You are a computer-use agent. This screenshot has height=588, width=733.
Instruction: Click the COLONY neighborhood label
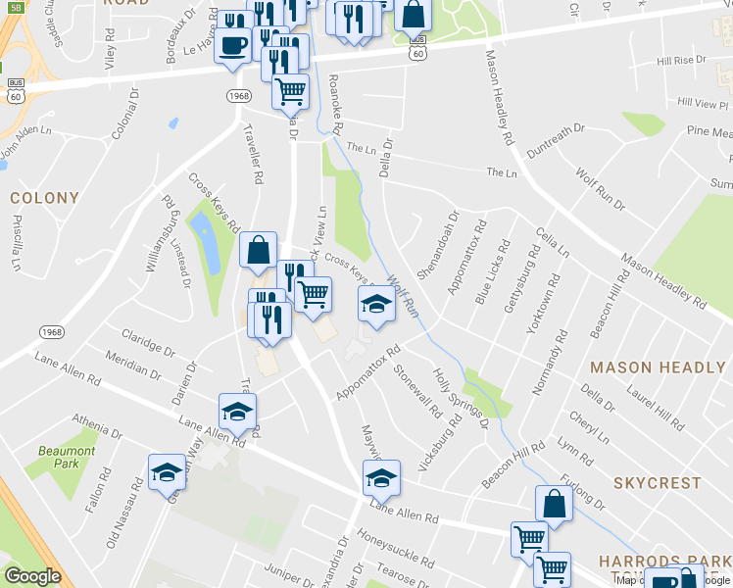44,198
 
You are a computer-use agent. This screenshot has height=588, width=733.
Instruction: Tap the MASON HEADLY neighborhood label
657,367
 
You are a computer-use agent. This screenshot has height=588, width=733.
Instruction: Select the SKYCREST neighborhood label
658,483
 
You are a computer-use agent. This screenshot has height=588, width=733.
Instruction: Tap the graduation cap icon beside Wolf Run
376,305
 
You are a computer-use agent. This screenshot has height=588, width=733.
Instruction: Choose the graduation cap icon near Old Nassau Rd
168,472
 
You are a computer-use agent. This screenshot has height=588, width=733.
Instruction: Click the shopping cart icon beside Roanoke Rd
290,92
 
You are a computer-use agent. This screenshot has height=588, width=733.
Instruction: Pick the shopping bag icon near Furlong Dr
554,504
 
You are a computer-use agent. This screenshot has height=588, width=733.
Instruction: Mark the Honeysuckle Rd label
396,550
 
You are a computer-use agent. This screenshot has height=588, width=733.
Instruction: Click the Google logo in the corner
32,576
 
